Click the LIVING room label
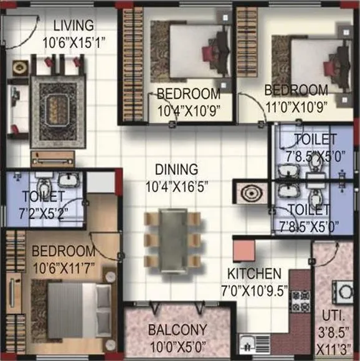73,26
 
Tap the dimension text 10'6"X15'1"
73,42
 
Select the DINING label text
177,169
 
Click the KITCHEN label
253,274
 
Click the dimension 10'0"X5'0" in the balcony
178,344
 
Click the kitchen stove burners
300,301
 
